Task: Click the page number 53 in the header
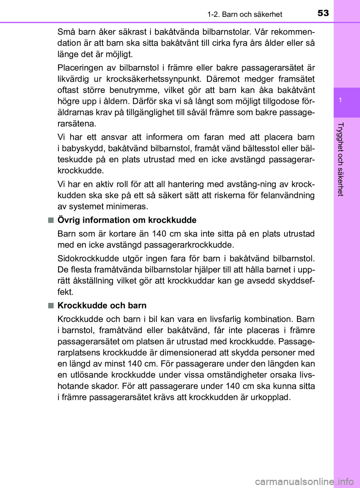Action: coord(323,13)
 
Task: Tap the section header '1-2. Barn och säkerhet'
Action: coord(244,14)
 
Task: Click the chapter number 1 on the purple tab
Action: coord(340,100)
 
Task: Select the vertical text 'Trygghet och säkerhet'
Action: coord(340,159)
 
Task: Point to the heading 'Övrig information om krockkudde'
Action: coord(127,220)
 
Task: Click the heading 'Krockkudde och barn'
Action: coord(102,305)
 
